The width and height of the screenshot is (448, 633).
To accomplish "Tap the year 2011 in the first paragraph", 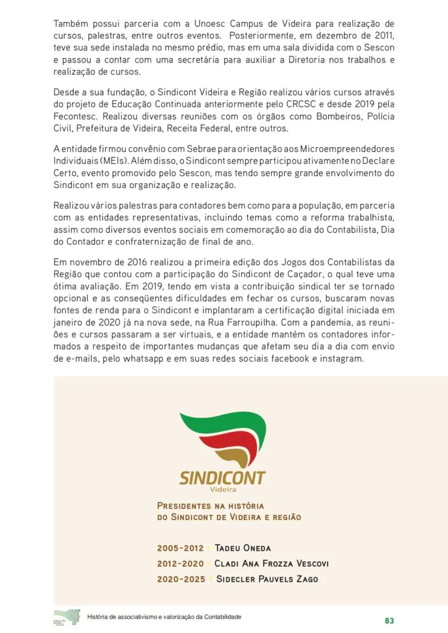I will click(x=382, y=36).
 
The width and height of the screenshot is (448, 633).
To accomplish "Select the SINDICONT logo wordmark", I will click(x=222, y=478).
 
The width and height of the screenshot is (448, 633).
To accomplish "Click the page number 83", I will click(x=389, y=620).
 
